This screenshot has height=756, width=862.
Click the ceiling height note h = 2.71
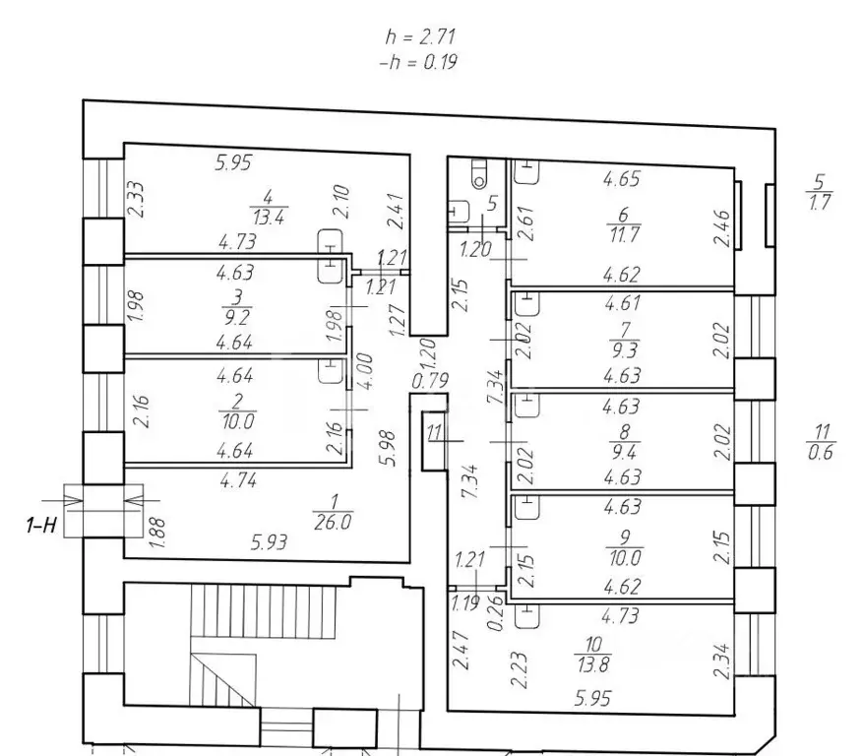(x=420, y=36)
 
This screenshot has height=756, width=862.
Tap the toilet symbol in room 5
(x=479, y=173)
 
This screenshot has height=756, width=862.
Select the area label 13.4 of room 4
(x=269, y=218)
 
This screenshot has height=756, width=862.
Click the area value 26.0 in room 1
(x=334, y=522)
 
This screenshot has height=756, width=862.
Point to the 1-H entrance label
(x=41, y=525)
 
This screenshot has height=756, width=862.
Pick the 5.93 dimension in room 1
(x=269, y=542)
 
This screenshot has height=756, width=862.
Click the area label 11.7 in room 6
(x=624, y=234)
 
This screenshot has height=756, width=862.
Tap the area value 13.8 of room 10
(x=593, y=664)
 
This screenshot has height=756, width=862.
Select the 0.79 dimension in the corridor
(x=430, y=380)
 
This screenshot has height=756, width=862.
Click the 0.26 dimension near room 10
(x=496, y=612)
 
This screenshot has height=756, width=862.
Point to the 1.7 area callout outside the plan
(x=820, y=203)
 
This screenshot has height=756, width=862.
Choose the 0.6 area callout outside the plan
(x=821, y=453)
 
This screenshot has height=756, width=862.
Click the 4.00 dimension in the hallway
(x=364, y=371)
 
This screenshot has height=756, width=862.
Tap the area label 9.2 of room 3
(x=237, y=317)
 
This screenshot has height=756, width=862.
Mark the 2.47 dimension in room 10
(x=461, y=650)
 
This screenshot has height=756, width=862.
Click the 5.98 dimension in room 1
(x=388, y=448)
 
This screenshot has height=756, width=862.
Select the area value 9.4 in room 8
(x=624, y=452)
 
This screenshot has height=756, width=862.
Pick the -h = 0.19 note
(x=418, y=62)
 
